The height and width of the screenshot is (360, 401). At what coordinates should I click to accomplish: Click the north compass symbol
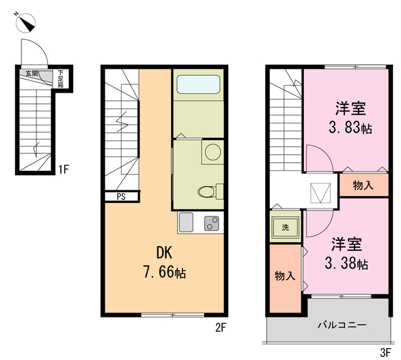point(26,23)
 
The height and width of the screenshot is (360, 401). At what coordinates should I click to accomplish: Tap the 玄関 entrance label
point(31,73)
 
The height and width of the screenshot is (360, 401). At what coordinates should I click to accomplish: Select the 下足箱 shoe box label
point(61,77)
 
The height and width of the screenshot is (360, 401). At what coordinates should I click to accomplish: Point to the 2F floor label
point(219,327)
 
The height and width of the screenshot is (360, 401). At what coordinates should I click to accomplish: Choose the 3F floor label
point(385,351)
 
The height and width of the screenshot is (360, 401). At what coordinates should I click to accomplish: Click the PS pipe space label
point(120,197)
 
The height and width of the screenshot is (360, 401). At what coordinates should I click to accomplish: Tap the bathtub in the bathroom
point(197,85)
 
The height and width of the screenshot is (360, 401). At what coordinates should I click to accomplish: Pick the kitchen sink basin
point(186,222)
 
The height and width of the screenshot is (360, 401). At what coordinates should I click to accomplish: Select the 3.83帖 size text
point(350,128)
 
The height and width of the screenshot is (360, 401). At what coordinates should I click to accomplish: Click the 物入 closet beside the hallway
point(363,185)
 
